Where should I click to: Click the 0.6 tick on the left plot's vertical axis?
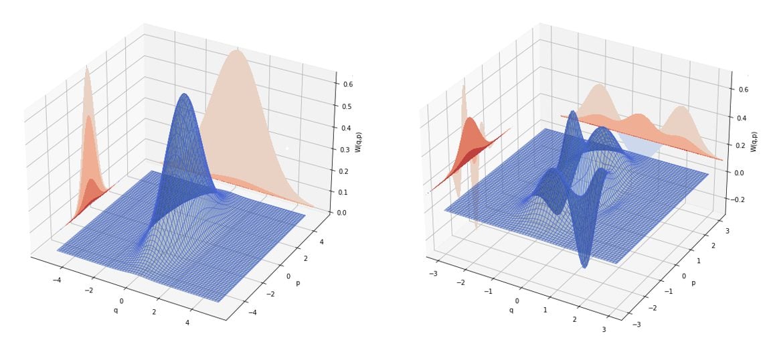348,84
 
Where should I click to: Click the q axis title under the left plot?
115,310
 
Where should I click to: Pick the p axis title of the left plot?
299,282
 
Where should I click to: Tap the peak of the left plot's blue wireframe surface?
185,94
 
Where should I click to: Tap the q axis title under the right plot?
511,310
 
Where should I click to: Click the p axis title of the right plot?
693,282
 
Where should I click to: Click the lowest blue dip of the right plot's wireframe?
584,266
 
